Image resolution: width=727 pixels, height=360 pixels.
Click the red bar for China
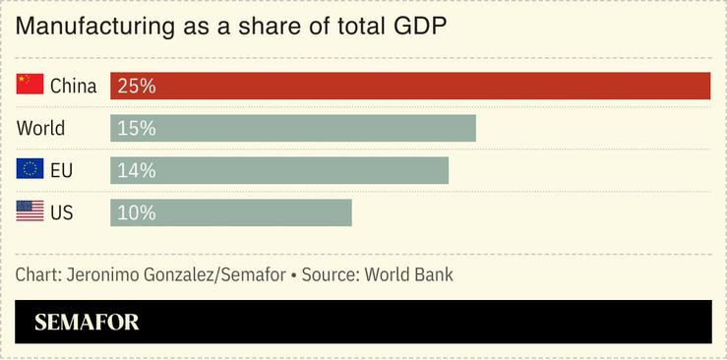tap(410, 86)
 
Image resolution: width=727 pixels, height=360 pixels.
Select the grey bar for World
tap(292, 128)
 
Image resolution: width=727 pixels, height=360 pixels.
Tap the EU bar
tap(278, 170)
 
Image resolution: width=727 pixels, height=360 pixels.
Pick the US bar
tap(230, 212)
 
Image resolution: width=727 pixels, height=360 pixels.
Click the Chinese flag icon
tap(30, 86)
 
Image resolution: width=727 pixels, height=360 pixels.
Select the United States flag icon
tap(30, 211)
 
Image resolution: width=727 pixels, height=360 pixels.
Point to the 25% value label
tap(136, 86)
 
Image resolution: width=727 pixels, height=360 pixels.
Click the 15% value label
tap(136, 128)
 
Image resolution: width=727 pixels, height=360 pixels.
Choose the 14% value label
tap(136, 170)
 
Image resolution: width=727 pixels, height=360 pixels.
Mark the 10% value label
tap(136, 212)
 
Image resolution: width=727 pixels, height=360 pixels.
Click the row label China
tap(73, 86)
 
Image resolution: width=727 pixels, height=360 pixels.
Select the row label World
tap(40, 128)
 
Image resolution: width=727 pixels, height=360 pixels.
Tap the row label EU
tap(61, 170)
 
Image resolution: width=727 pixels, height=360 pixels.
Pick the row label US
tap(61, 212)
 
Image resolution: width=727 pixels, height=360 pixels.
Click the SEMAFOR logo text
tap(87, 323)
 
